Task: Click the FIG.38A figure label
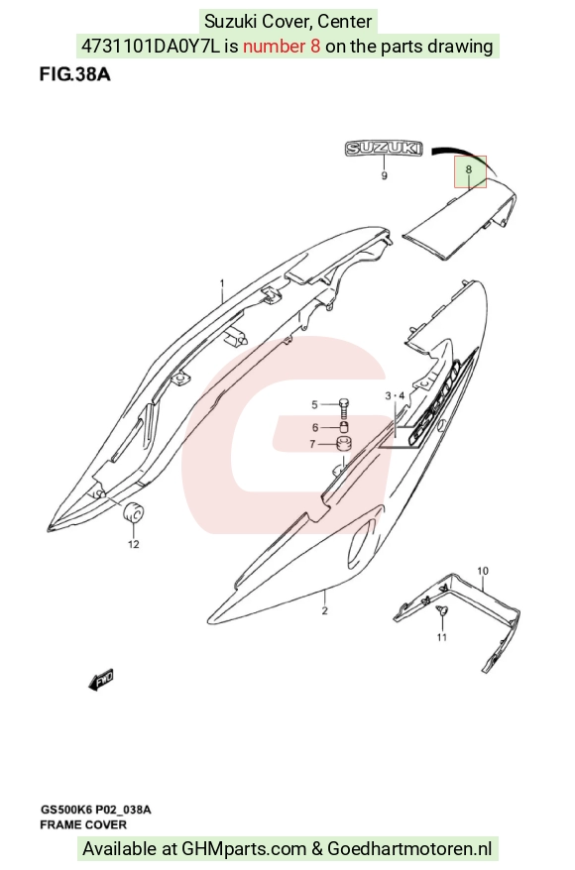pos(74,74)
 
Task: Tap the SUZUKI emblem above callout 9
pos(384,149)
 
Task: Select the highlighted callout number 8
pos(469,169)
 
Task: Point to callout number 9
pos(384,176)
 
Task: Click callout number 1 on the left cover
pos(222,283)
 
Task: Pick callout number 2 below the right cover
pos(325,610)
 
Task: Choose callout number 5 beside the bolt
pos(314,404)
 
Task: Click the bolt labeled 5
pos(343,408)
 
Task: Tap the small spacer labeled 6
pos(344,428)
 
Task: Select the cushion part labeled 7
pos(345,444)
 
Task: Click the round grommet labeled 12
pos(133,512)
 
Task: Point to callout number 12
pos(133,544)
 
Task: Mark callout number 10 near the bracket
pos(483,571)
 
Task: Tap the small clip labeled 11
pos(442,611)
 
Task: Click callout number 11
pos(442,637)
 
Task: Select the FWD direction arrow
pos(101,680)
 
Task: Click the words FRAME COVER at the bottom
pos(83,824)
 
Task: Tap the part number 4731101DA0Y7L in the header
pos(151,46)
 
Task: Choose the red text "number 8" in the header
pos(282,46)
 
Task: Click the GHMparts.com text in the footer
pos(244,848)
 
